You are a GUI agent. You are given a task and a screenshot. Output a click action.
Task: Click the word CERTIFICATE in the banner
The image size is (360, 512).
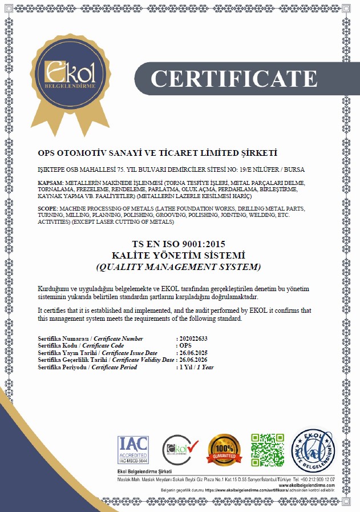pyautogui.click(x=233, y=78)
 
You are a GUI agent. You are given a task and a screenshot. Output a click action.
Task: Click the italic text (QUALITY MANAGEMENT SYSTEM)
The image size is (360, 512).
pyautogui.click(x=180, y=267)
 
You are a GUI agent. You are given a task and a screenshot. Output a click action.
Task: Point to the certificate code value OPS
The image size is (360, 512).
pyautogui.click(x=185, y=346)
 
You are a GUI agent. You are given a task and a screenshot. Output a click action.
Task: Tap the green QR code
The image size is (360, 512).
pyautogui.click(x=267, y=449)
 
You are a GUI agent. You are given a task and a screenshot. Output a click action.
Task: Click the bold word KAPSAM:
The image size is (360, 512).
pyautogui.click(x=49, y=183)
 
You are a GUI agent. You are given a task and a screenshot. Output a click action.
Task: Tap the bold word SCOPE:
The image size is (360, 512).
pyautogui.click(x=48, y=209)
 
